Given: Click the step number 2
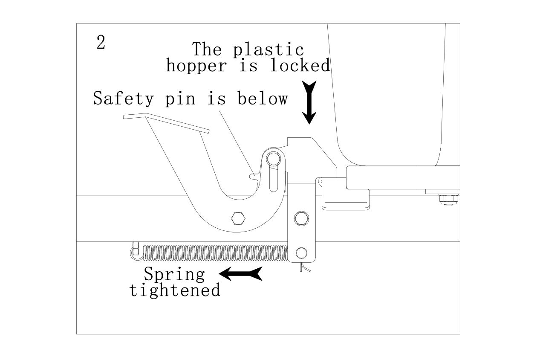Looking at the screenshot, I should click(x=101, y=43).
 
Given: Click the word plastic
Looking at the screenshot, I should click(x=268, y=49).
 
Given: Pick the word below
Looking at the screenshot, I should click(x=263, y=99).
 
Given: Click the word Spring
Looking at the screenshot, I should click(x=174, y=274).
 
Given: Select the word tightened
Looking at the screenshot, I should click(x=175, y=290).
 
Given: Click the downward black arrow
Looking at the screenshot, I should click(x=309, y=102).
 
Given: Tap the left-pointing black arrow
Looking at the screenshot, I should click(x=240, y=274).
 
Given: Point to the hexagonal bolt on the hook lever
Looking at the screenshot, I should click(x=237, y=218).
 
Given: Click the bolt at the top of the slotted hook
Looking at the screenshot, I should click(x=273, y=159).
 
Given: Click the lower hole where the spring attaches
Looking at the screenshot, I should click(x=301, y=252).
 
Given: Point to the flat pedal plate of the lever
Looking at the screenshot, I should click(x=166, y=122).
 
